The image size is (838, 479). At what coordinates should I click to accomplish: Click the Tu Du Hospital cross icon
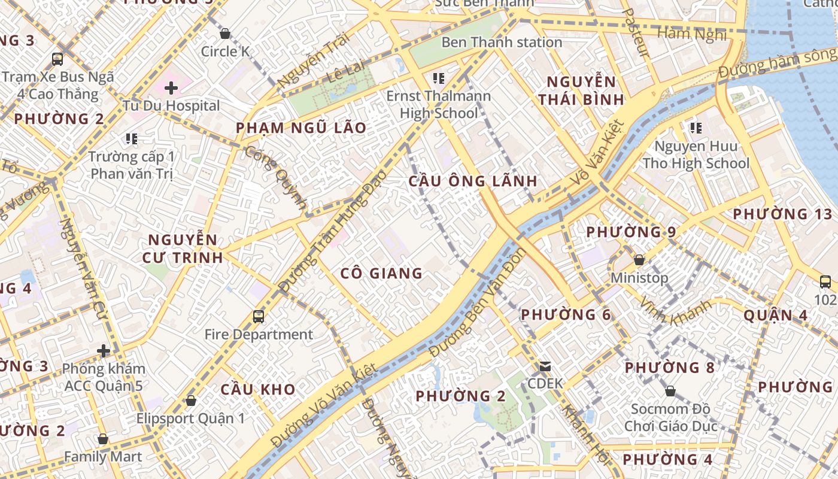coord(171,89)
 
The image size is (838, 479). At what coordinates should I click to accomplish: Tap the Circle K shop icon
coord(225,34)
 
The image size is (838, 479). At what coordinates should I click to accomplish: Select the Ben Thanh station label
coord(502,43)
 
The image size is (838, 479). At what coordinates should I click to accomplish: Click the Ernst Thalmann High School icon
coord(439,78)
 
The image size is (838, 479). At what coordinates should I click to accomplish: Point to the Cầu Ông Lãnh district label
coord(473,181)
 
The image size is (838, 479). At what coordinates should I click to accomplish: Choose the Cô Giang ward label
coord(381,274)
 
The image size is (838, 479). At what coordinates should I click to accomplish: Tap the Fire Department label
coord(259,334)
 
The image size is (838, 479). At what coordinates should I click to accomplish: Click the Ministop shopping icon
coord(639,260)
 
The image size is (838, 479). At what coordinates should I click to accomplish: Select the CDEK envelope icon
coord(545,366)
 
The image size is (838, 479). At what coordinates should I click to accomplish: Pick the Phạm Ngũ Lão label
coord(300,128)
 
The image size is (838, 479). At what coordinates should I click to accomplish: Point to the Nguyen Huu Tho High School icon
coord(696,128)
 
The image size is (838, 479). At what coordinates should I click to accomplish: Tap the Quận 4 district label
coord(775,315)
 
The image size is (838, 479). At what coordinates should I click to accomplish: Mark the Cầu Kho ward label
coord(258,389)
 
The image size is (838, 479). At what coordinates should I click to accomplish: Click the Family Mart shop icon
coord(103,439)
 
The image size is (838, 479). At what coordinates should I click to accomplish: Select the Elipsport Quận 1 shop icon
coord(191,400)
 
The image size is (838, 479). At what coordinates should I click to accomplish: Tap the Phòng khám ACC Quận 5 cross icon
coord(104,350)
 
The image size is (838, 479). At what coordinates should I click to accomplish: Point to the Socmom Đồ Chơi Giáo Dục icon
coord(670,391)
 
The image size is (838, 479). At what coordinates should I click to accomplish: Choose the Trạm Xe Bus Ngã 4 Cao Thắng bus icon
coord(57,59)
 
